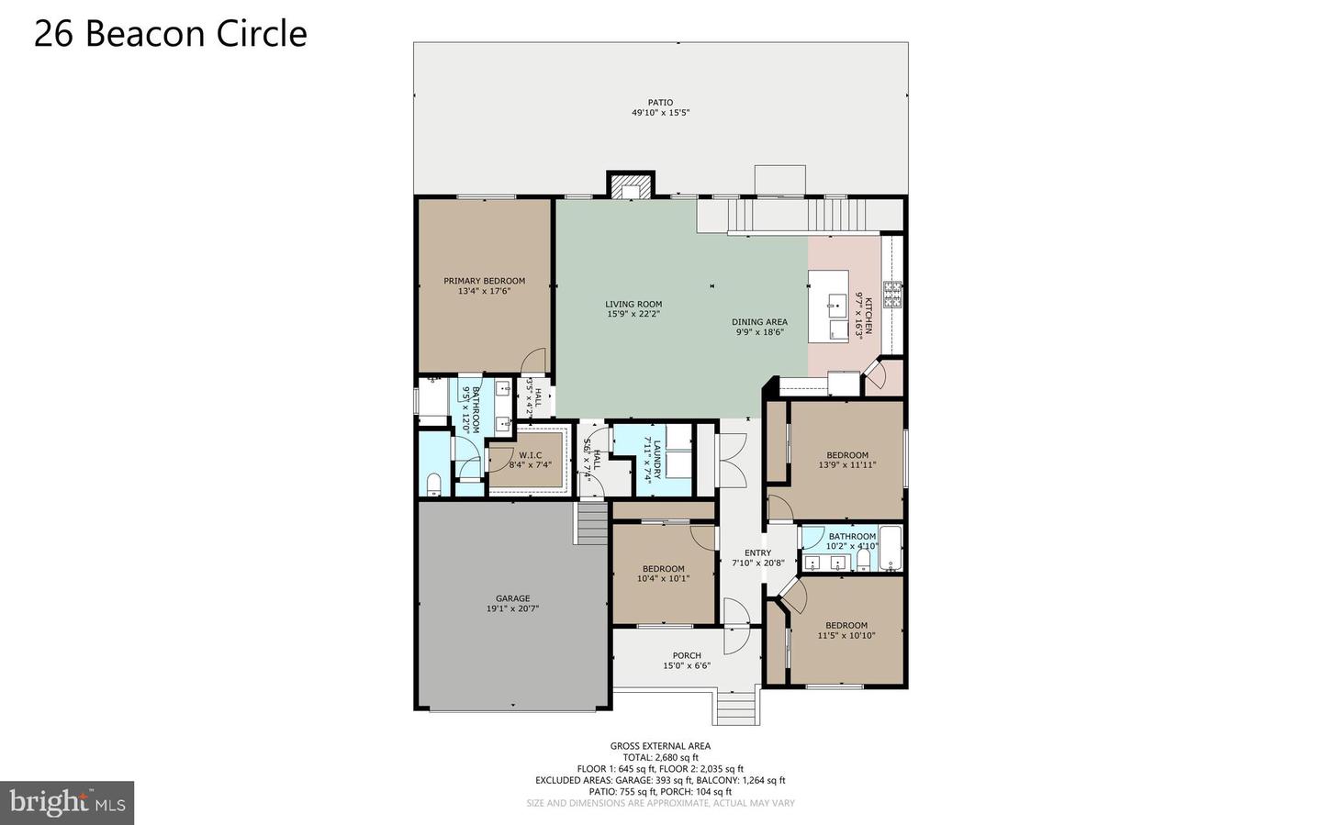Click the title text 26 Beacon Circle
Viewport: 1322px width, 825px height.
point(171,34)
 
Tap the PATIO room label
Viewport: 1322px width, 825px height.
point(660,103)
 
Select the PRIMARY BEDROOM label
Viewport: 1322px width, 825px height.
point(484,281)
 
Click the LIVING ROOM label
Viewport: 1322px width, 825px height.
point(633,305)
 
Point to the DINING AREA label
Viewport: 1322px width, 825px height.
point(759,322)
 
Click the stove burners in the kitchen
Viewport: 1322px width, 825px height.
point(891,295)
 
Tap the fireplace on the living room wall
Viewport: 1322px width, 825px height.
point(631,184)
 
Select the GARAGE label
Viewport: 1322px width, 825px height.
point(512,598)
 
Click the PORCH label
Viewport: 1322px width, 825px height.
point(687,655)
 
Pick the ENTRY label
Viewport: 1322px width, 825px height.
point(757,553)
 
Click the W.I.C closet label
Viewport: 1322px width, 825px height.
point(530,455)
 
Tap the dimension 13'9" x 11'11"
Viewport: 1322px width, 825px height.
point(846,465)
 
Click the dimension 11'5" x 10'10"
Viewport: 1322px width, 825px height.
point(846,636)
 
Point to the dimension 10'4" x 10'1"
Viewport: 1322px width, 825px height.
point(664,579)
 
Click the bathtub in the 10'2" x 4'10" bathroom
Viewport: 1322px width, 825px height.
point(891,548)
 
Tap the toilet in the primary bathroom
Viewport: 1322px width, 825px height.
point(433,484)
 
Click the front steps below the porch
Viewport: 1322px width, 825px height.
point(735,708)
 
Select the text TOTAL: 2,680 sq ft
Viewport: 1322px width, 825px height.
point(660,758)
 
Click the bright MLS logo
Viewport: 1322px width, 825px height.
point(67,803)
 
